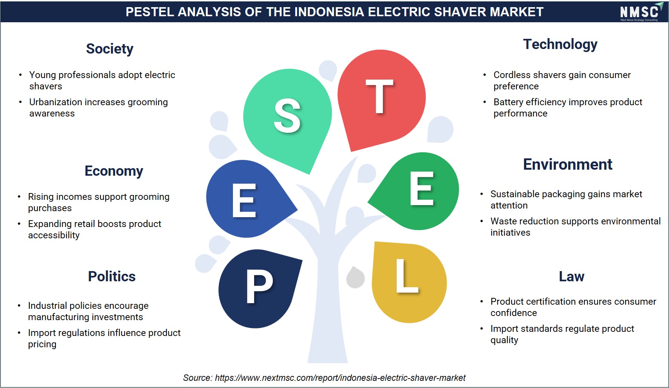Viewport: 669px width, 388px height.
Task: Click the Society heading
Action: point(109,49)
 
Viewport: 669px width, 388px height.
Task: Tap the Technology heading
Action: point(560,44)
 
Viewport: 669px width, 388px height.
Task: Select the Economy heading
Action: point(114,171)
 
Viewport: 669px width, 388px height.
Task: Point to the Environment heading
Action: point(568,164)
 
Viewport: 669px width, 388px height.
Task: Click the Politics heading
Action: point(112,276)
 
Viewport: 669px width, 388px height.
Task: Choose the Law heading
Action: point(572,276)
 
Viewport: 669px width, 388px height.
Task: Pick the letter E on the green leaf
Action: point(422,188)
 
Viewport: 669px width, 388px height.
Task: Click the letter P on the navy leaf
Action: point(259,287)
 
